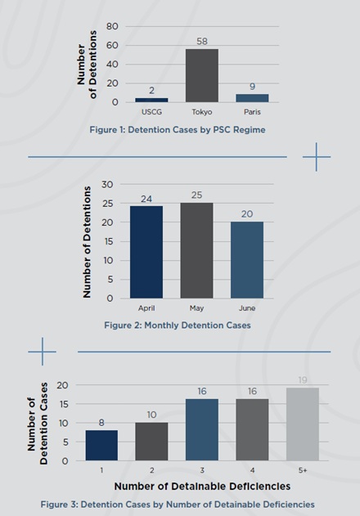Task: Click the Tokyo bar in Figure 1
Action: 202,75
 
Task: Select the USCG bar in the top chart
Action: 151,100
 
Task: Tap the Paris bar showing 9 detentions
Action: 252,98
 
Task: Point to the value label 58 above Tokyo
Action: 202,41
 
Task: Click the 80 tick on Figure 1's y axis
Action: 112,26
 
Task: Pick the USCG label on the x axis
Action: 151,112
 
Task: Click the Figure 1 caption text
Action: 178,130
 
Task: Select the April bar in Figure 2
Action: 146,252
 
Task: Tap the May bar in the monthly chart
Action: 196,250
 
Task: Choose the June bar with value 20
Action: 247,260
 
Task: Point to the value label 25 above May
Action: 196,195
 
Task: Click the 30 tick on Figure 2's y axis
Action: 107,185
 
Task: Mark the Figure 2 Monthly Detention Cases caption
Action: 178,325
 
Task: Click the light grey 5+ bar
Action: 303,424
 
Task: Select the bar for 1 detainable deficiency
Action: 101,445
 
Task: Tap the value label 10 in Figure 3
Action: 151,415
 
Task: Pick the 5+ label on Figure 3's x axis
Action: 303,470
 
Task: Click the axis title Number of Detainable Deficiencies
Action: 202,486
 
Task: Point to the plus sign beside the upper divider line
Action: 316,157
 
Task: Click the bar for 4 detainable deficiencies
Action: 252,430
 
